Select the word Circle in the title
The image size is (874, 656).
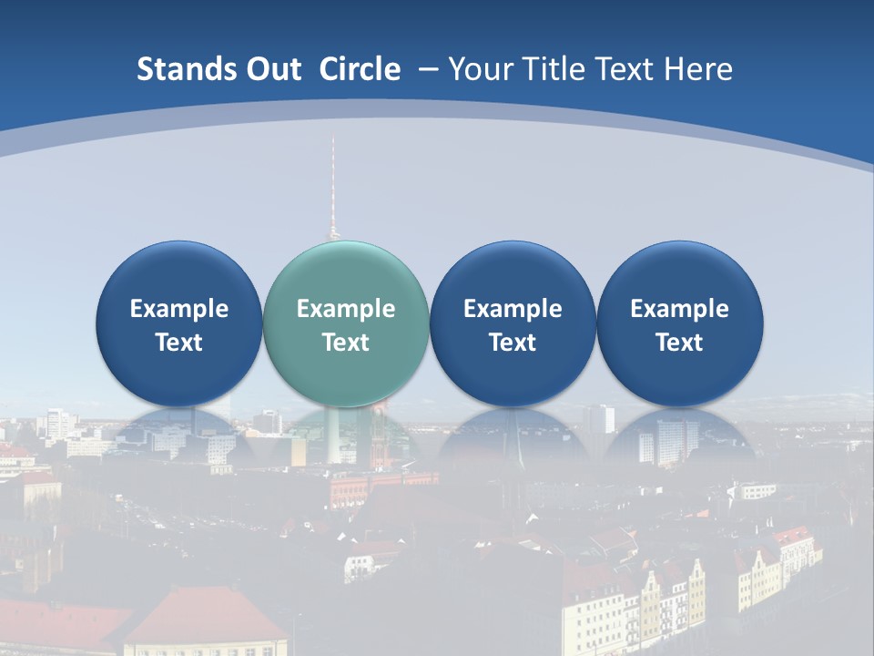tap(360, 69)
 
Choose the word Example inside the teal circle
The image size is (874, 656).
tap(346, 309)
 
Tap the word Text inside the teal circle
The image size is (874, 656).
tap(346, 343)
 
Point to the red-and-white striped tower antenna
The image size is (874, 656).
tap(332, 182)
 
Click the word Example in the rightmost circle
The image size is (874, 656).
tap(679, 309)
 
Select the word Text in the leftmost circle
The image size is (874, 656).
tap(178, 343)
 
